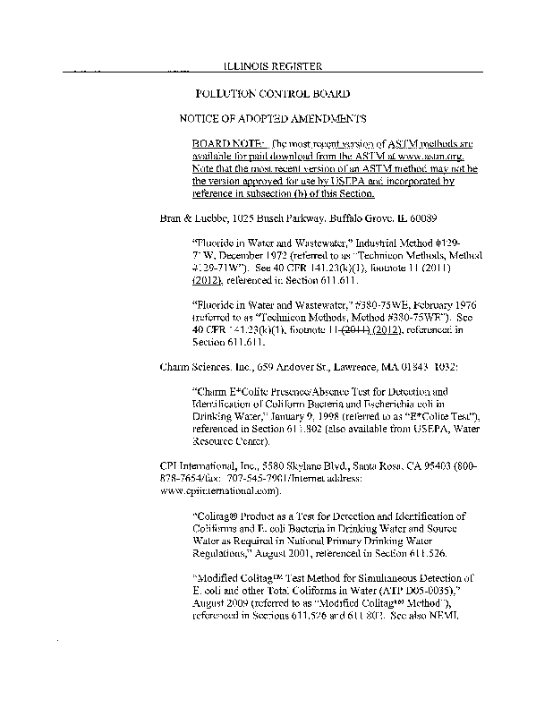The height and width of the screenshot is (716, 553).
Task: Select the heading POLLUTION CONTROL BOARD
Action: (x=272, y=93)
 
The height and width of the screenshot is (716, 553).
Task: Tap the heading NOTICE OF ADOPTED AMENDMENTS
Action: (x=273, y=118)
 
